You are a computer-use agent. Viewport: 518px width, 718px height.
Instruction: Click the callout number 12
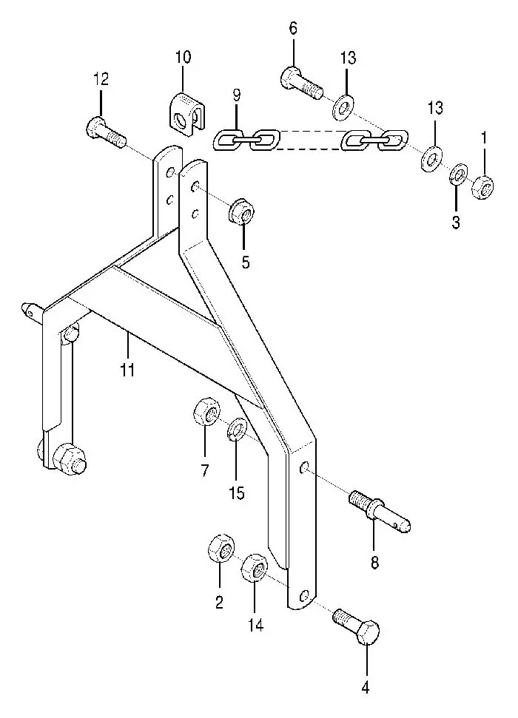(101, 79)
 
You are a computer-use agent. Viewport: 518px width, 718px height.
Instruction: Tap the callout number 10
(183, 57)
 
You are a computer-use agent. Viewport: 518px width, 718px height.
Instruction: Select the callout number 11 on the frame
(127, 369)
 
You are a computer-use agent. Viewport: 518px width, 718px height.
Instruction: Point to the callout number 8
(375, 563)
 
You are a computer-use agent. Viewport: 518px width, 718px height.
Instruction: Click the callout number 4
(366, 687)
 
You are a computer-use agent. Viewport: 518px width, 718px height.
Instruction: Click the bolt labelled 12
(105, 132)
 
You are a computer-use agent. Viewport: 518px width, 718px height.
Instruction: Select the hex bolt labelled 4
(357, 626)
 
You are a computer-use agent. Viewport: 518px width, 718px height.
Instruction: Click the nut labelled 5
(241, 212)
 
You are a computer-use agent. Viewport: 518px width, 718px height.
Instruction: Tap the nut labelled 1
(482, 187)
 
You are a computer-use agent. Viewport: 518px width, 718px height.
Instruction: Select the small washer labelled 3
(458, 175)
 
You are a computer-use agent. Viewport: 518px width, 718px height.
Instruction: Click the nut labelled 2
(221, 546)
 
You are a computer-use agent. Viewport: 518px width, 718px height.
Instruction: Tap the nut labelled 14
(255, 569)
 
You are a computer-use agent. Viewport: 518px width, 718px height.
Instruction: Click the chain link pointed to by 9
(228, 140)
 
